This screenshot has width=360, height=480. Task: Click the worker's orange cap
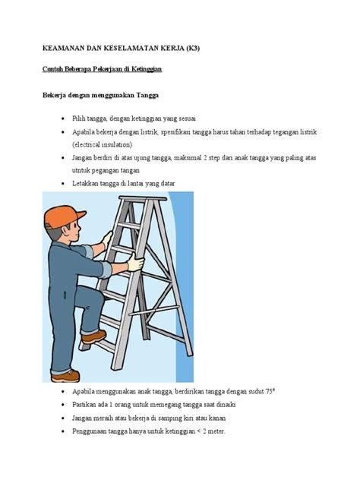click(x=63, y=216)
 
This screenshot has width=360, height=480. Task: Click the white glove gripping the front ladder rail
click(x=135, y=263)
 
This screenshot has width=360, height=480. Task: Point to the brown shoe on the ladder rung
click(x=93, y=336)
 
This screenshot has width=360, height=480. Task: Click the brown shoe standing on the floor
click(x=65, y=376)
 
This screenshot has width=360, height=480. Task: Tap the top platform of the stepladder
click(x=143, y=198)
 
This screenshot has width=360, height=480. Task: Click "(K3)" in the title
click(x=193, y=48)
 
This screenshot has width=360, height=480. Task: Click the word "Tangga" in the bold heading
click(x=147, y=95)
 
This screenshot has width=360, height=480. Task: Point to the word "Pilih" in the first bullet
click(x=78, y=118)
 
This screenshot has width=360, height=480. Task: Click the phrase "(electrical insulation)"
click(x=103, y=144)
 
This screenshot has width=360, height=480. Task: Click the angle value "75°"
click(x=270, y=392)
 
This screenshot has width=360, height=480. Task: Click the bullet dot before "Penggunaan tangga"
click(x=63, y=431)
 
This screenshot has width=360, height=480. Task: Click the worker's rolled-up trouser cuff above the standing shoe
click(x=61, y=371)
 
